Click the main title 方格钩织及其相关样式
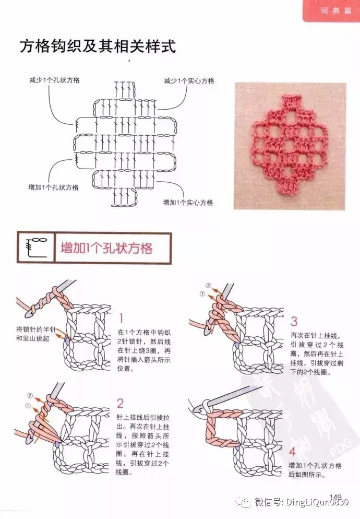point(98,46)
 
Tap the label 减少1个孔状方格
point(55,80)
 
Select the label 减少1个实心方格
point(189,81)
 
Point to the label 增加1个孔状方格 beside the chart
point(53,187)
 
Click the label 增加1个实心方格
point(188,202)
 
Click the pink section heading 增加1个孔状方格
point(106,248)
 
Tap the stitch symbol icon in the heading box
point(37,247)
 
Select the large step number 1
point(121,319)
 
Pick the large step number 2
point(120,404)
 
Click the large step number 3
point(294,322)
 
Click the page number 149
point(335,497)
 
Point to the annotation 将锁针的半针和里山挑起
point(35,334)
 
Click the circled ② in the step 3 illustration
point(209,285)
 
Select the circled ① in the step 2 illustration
point(28,406)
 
